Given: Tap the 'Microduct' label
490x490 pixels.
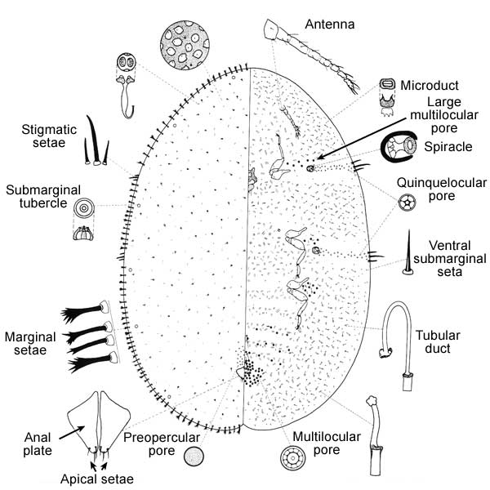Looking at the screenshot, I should [x=435, y=85].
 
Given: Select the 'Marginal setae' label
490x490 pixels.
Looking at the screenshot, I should [x=30, y=343].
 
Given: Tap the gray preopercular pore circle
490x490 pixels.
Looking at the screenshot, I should [x=194, y=456].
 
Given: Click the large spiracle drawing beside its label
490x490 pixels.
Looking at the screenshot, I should [x=401, y=149].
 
